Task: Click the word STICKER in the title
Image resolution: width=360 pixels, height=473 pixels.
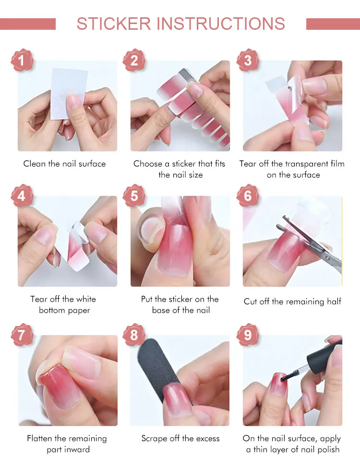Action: tap(114, 24)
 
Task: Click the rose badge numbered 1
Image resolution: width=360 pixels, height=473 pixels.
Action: tap(22, 61)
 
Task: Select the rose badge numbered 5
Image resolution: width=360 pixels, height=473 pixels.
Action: tap(134, 196)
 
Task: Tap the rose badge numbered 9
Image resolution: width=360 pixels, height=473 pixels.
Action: tap(248, 335)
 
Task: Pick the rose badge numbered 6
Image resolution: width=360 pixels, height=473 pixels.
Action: tap(248, 196)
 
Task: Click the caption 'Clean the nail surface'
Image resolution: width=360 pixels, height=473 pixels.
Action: tap(64, 164)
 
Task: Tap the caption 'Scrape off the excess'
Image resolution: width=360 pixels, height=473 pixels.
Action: tap(180, 438)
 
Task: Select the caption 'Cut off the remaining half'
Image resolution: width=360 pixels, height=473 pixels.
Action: tap(292, 302)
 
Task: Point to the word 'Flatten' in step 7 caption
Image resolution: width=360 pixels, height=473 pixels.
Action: tap(39, 438)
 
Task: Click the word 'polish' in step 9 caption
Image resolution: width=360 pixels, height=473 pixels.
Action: tap(327, 449)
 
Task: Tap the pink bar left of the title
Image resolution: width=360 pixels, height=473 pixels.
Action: tap(28, 24)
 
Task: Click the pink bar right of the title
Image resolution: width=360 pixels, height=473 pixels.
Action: tap(333, 24)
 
